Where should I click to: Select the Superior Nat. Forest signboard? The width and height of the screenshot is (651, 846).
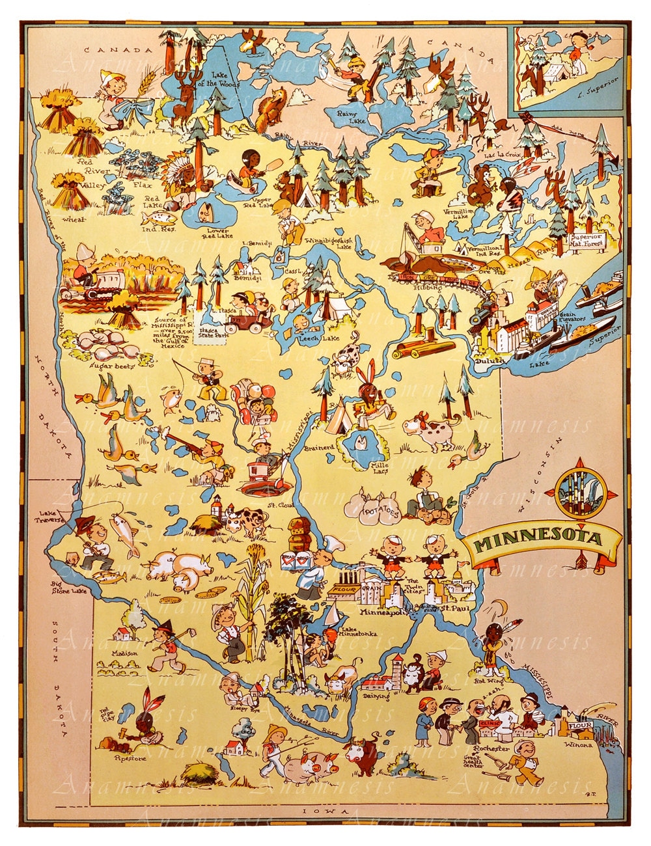(x=588, y=241)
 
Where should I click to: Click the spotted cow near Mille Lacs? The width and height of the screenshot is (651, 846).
(x=430, y=430)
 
